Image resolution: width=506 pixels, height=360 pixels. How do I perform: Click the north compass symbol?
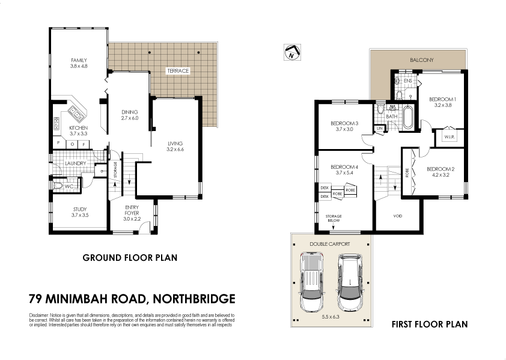tap(291, 53)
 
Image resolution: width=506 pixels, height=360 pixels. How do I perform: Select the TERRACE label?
tap(178, 71)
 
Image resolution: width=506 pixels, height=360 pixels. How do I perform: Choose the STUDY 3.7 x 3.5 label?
tap(79, 212)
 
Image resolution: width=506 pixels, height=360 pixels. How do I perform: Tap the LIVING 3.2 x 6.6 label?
tap(175, 146)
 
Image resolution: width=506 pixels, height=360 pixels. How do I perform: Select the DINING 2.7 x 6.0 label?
tap(129, 115)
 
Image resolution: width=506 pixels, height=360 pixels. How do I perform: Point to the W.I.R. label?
tap(449, 137)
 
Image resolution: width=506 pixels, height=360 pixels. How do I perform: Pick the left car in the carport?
tap(311, 281)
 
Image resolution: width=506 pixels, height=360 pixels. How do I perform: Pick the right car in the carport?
tap(348, 281)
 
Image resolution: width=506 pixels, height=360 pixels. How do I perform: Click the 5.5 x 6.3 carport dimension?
tap(331, 316)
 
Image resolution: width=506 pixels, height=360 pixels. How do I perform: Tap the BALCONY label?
tap(421, 61)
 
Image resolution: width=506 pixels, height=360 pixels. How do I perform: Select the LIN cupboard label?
tap(379, 129)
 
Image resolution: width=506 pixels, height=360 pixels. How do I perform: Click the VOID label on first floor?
tap(397, 216)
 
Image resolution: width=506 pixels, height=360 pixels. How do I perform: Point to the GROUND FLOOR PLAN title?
tap(130, 258)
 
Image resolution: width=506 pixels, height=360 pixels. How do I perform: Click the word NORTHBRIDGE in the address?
tap(195, 299)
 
